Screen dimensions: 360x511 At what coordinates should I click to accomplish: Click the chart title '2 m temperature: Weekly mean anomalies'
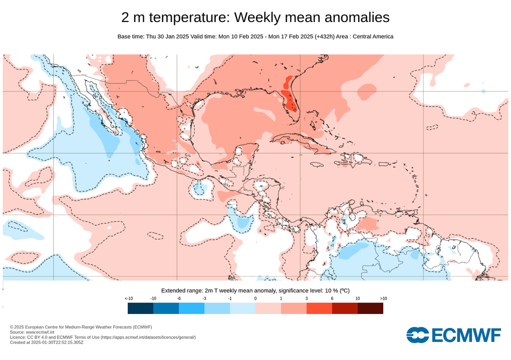[255, 17]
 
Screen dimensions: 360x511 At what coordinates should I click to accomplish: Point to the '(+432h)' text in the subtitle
[325, 36]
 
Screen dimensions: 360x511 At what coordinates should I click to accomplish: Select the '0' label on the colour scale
[255, 298]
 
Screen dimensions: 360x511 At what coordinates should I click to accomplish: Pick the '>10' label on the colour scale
[383, 298]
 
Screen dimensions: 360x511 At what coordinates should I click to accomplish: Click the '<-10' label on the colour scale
[128, 298]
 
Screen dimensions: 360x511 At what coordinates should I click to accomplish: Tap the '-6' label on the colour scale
[179, 298]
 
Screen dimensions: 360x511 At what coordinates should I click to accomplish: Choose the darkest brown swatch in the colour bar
[370, 309]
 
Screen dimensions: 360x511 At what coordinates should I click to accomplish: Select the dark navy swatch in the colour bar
[140, 309]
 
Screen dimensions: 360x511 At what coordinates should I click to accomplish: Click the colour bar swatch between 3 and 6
[319, 309]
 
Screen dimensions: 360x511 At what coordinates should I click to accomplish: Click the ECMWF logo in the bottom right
[453, 335]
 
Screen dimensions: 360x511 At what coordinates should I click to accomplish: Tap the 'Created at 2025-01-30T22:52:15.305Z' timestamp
[46, 343]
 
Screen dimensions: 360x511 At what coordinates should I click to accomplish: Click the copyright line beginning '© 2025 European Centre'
[81, 327]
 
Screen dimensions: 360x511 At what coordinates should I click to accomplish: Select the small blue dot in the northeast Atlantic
[484, 91]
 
